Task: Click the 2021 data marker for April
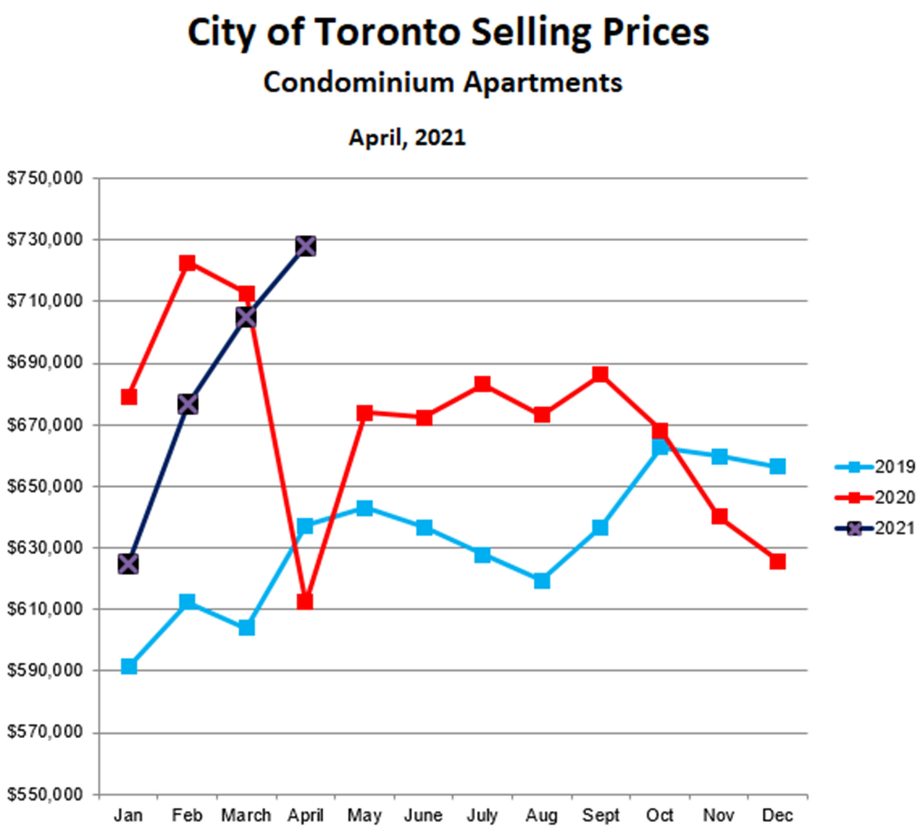[x=305, y=247]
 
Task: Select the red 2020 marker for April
[x=305, y=602]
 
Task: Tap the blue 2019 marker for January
[x=129, y=667]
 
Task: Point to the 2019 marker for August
[x=542, y=581]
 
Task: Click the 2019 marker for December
[x=777, y=467]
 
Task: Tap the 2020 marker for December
[x=777, y=561]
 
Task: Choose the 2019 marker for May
[x=364, y=508]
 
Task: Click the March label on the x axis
[x=246, y=815]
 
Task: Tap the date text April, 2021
[x=407, y=137]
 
